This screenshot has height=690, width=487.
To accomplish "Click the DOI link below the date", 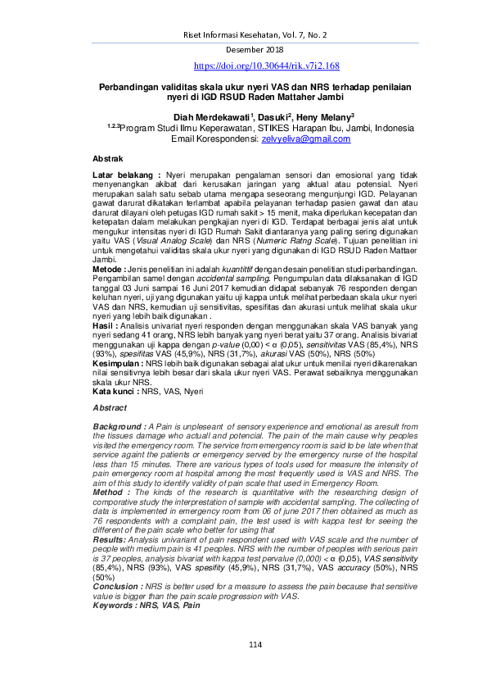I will pos(266,66).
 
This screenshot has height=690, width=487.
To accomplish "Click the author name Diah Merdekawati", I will pos(223,117).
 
